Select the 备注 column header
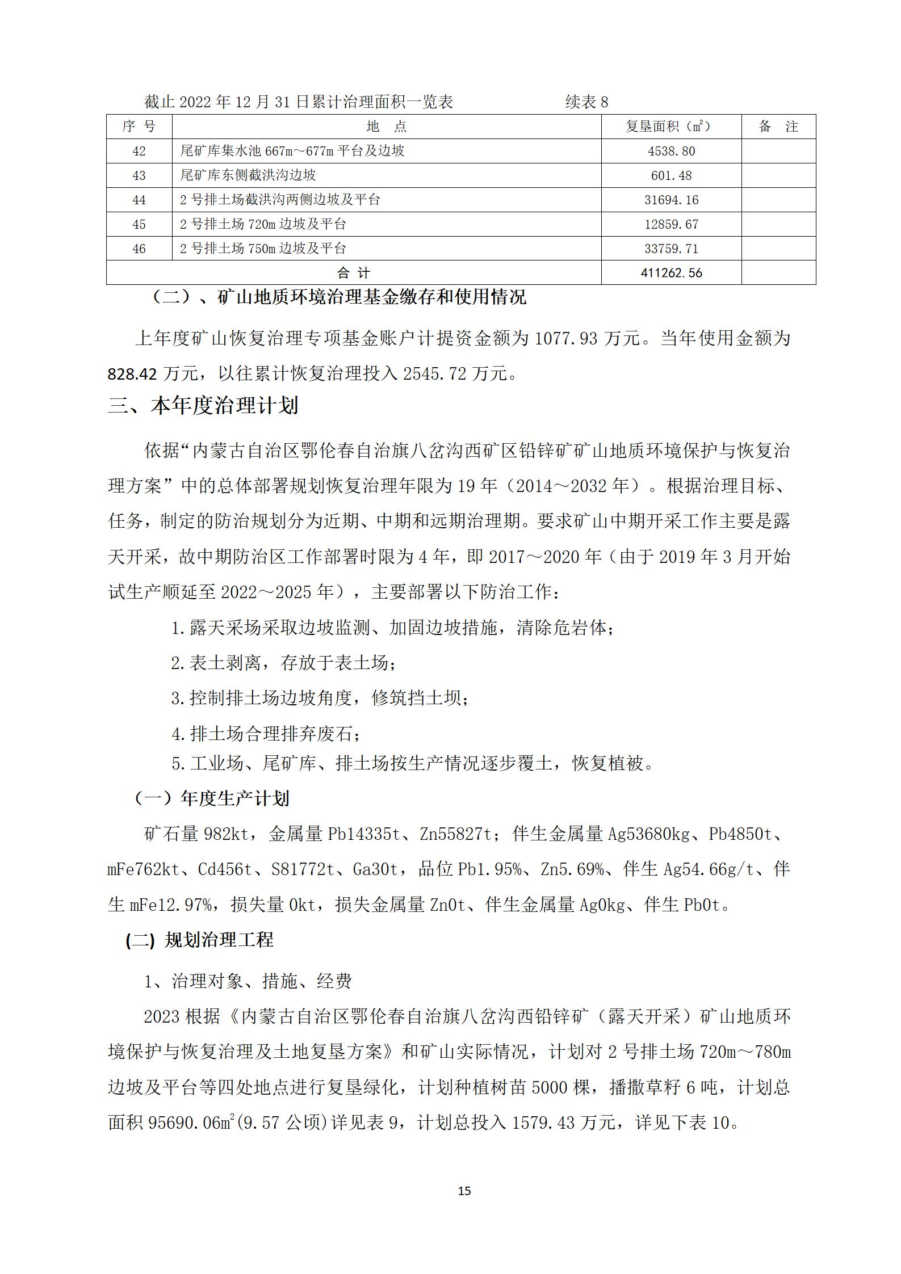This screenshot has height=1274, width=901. pyautogui.click(x=778, y=127)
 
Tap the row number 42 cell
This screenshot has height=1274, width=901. pyautogui.click(x=139, y=152)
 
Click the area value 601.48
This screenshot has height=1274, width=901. pyautogui.click(x=671, y=176)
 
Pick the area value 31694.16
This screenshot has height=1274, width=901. pyautogui.click(x=671, y=200)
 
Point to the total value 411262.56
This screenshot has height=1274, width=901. pyautogui.click(x=671, y=273)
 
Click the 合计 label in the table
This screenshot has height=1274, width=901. pyautogui.click(x=353, y=273)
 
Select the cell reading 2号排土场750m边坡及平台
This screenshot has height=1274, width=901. pyautogui.click(x=263, y=249)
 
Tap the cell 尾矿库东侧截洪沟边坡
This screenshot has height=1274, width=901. pyautogui.click(x=248, y=175)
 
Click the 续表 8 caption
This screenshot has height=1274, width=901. pyautogui.click(x=586, y=102)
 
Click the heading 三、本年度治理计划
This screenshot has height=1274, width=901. pyautogui.click(x=203, y=406)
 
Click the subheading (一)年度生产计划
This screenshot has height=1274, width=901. pyautogui.click(x=211, y=799)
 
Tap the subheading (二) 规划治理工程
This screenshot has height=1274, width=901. pyautogui.click(x=199, y=940)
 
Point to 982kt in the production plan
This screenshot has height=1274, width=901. pyautogui.click(x=225, y=834)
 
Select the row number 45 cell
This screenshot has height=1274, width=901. pyautogui.click(x=139, y=225)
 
